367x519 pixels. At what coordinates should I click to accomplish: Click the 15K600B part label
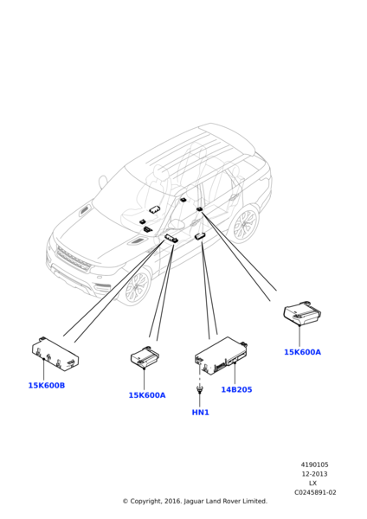pos(47,386)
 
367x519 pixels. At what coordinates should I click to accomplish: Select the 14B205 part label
pos(236,389)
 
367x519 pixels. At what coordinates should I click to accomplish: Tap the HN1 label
pos(201,413)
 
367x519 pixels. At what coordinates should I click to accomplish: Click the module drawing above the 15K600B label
pos(55,354)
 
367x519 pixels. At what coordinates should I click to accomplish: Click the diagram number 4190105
pos(314,465)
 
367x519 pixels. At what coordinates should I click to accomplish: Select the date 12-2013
pos(314,474)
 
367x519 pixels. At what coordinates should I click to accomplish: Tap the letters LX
pos(312,484)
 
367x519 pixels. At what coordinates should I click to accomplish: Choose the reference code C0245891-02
pos(315,492)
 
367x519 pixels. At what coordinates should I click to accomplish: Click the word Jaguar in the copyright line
pos(194,501)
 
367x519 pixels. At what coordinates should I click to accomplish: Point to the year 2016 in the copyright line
pos(174,501)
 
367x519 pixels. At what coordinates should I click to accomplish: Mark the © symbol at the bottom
pos(126,502)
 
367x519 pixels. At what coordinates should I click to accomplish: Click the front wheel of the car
pos(136,286)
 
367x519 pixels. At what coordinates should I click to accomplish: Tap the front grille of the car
pos(74,259)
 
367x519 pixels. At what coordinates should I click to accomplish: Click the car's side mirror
pos(103,182)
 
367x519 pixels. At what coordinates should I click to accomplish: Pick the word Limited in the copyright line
pos(254,501)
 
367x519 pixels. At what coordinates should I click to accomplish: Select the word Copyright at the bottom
pos(146,501)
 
